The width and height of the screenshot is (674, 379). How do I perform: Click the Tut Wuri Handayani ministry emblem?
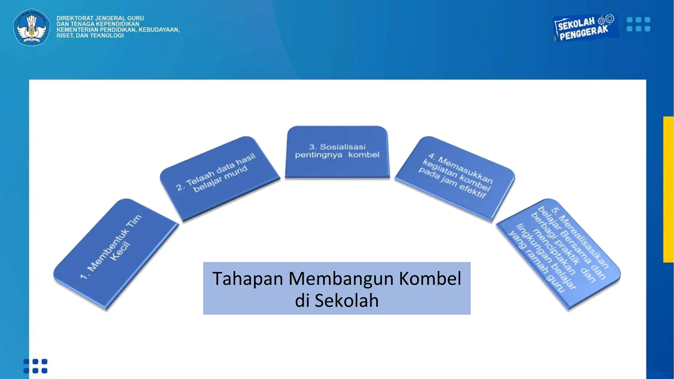(32, 27)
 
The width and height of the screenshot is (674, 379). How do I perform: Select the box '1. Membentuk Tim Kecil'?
(115, 253)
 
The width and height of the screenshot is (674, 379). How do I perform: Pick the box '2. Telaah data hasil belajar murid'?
(219, 178)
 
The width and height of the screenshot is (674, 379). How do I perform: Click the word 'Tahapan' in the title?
(247, 279)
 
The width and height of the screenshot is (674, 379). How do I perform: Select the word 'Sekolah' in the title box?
(347, 301)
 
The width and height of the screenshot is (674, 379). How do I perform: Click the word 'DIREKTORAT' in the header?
(75, 18)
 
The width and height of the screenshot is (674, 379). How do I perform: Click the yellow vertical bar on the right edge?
(668, 189)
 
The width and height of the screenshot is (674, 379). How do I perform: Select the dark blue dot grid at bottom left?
(36, 366)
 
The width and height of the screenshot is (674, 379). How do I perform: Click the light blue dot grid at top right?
(638, 24)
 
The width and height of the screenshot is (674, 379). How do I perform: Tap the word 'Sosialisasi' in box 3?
(343, 147)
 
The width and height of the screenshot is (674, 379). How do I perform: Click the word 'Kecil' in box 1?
(120, 251)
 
